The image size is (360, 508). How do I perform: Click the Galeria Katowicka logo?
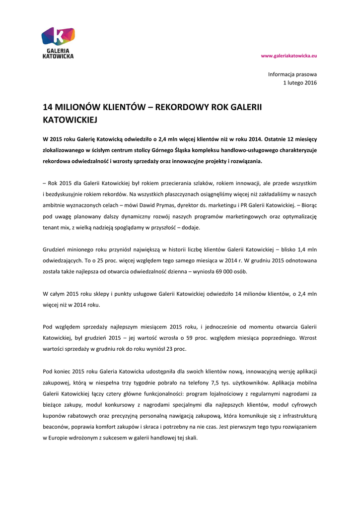tap(58, 43)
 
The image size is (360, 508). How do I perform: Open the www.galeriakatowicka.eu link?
tap(289, 56)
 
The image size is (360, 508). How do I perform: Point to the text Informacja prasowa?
tap(292, 74)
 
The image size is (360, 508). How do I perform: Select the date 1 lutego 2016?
tap(300, 83)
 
